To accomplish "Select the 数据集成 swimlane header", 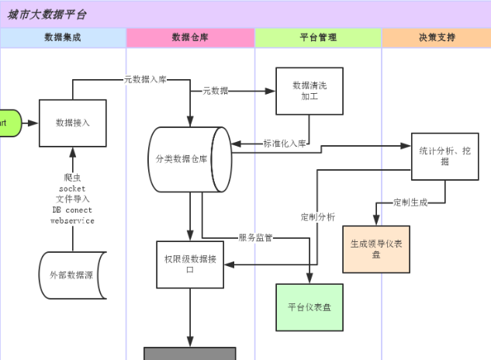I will (63, 37).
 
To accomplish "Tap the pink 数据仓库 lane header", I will (190, 37).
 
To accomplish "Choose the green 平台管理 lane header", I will (318, 37).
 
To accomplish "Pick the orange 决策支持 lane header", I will (437, 37).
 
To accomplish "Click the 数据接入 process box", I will (73, 123).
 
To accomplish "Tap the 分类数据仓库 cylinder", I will (189, 158).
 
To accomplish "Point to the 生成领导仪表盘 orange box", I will (376, 249).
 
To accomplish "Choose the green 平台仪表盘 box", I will (309, 307).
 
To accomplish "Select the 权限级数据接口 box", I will (190, 265).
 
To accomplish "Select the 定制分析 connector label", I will (318, 217).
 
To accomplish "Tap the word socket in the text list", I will (72, 189).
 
